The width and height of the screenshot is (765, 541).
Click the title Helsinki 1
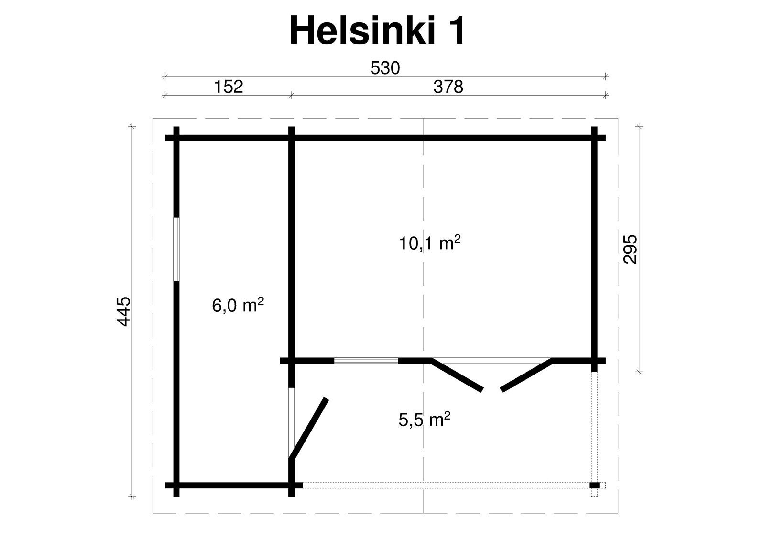tap(377, 31)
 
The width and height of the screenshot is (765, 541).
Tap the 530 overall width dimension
tap(385, 68)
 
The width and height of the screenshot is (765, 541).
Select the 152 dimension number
tap(229, 87)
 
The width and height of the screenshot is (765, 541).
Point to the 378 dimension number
tap(448, 87)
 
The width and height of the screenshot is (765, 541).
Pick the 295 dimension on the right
tap(631, 249)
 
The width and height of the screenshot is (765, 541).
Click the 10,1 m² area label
tap(430, 243)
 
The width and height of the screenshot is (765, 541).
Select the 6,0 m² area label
tap(238, 305)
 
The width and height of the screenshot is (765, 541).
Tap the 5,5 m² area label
tap(424, 420)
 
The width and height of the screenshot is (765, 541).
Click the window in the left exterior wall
tap(176, 250)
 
